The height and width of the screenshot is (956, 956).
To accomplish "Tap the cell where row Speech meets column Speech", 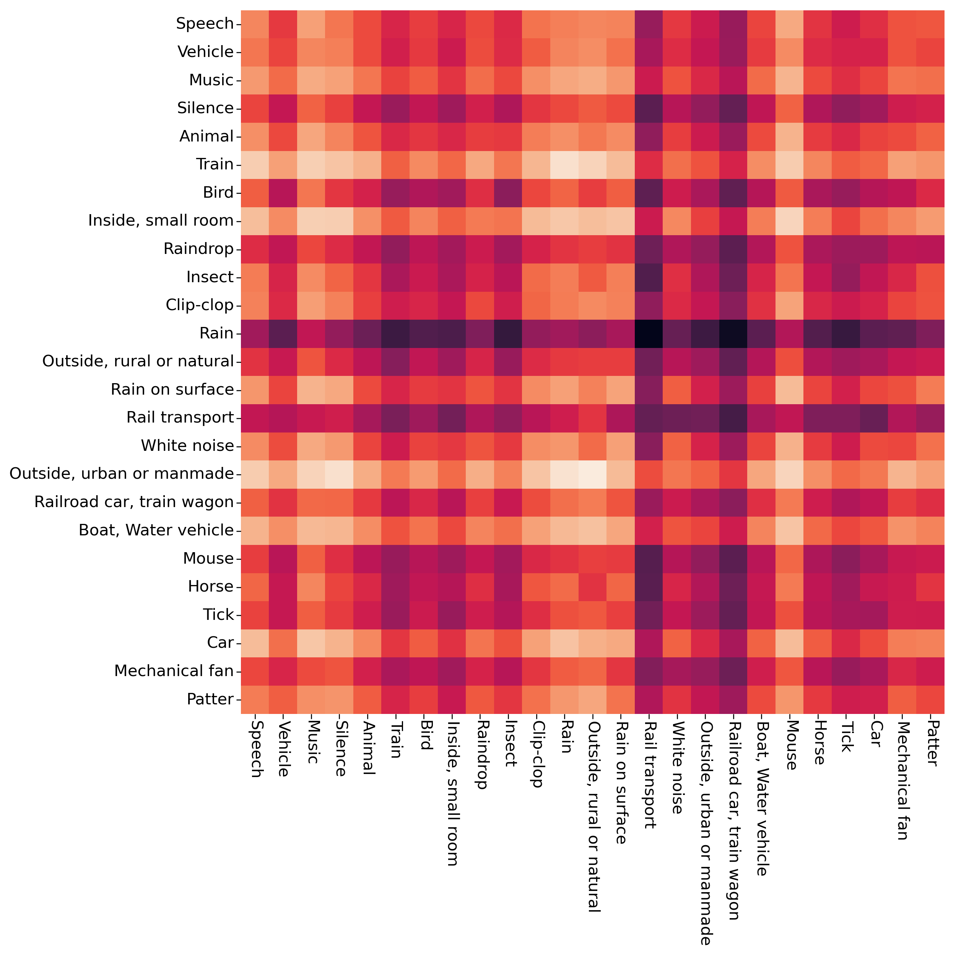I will (x=255, y=24).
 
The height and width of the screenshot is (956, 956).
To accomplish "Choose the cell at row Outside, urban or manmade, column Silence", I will (x=340, y=474).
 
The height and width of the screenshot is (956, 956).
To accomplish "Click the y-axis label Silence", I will (x=205, y=108).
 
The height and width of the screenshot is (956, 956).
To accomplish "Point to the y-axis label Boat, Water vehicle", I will (x=156, y=530).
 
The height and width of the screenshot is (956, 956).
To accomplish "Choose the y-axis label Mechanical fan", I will (x=174, y=671).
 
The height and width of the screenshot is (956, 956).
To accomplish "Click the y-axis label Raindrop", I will (x=198, y=249).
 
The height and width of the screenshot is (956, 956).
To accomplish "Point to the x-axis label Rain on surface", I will (x=621, y=782).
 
